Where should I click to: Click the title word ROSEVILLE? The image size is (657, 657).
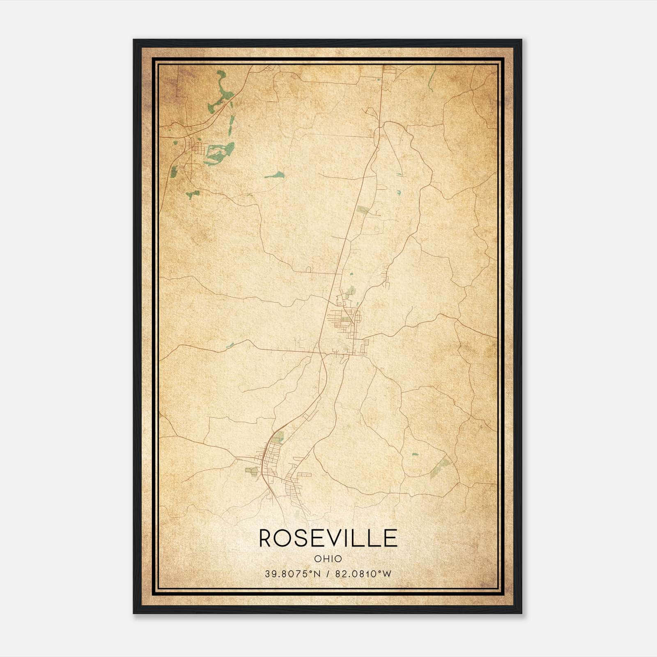coord(328,538)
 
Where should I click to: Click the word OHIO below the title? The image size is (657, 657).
coord(328,559)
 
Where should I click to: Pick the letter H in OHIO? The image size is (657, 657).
coord(326,559)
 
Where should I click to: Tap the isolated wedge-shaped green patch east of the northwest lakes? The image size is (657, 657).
coord(276,175)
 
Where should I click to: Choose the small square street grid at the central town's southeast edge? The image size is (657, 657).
coord(364,347)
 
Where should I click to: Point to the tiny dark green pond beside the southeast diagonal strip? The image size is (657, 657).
coord(415,455)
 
